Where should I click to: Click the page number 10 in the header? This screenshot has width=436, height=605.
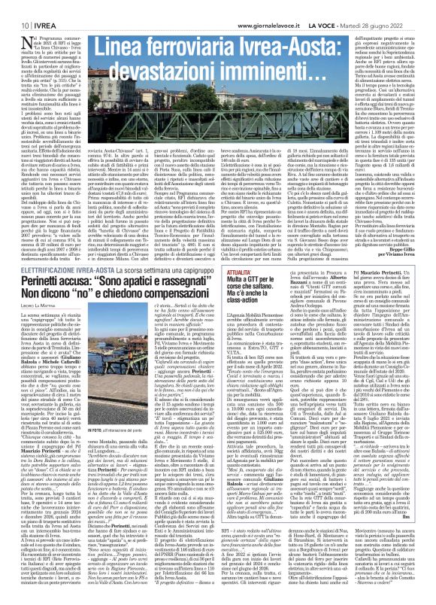point(14,8)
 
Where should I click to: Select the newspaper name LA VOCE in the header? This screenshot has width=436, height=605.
point(338,8)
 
